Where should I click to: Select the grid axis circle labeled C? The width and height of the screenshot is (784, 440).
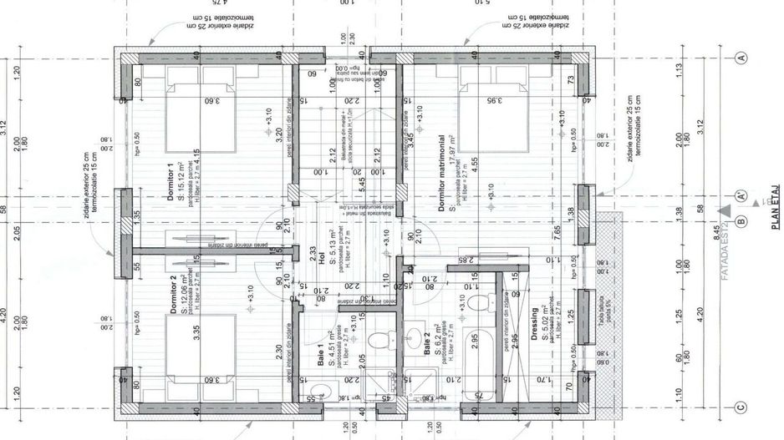[741, 407]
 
